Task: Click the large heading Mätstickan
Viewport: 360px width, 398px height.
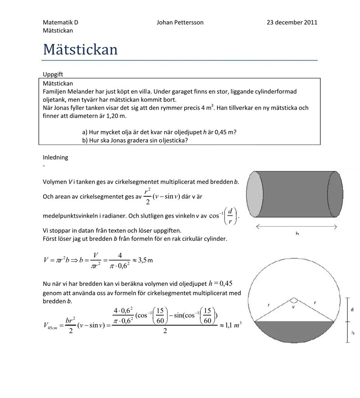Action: coord(80,49)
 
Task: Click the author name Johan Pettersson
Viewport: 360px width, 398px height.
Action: coord(180,22)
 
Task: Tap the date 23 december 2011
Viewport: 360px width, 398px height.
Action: coord(292,22)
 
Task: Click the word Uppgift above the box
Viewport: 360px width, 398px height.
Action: coord(53,74)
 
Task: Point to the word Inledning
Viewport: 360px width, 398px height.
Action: coord(55,158)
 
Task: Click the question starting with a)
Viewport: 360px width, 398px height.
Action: coord(159,132)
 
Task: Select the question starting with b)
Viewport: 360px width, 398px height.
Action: coord(135,140)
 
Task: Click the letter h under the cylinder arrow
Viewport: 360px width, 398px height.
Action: coord(297,234)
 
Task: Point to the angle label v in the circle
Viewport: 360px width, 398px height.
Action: coord(293,308)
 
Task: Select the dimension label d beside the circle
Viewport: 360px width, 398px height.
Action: coord(351,310)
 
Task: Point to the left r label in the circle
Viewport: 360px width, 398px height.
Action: coord(269,305)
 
